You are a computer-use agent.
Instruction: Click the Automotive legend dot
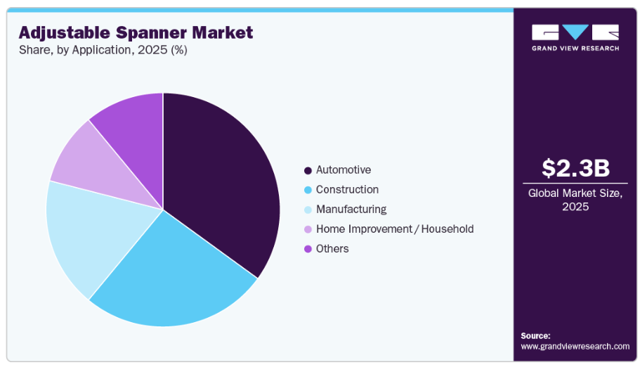click(308, 170)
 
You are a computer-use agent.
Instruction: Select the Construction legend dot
click(308, 190)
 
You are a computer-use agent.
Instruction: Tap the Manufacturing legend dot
click(308, 210)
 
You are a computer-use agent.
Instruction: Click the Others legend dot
click(308, 249)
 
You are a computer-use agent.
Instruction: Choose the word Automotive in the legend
click(344, 170)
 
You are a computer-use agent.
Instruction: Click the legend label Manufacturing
click(351, 210)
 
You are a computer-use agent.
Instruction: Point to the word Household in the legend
click(448, 229)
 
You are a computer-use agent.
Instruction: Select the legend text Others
click(332, 248)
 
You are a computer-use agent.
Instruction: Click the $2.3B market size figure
click(575, 168)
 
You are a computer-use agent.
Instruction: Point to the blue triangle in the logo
click(575, 31)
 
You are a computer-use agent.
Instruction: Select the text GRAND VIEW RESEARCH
click(575, 49)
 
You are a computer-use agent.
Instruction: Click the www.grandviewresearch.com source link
click(575, 347)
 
